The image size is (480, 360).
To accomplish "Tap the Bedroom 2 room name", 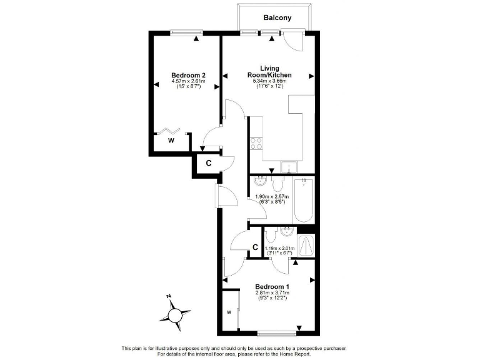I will [x=188, y=75].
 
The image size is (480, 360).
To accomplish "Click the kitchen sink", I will [x=289, y=166].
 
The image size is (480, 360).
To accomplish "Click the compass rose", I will [x=177, y=313].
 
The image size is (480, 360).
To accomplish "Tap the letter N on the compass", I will [x=169, y=297].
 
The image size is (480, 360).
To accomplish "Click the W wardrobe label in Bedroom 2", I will [x=171, y=141].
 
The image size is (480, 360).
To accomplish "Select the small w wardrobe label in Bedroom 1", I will [x=229, y=312].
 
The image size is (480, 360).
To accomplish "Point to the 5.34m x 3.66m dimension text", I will [x=270, y=82].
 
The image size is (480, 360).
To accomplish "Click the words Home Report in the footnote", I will [x=308, y=354].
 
